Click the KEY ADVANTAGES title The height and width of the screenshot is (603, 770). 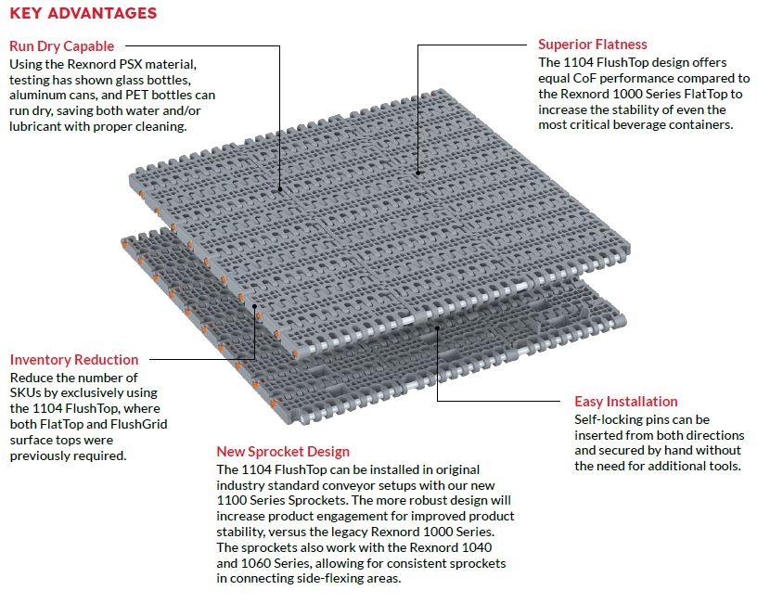83,14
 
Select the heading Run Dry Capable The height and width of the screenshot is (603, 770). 62,45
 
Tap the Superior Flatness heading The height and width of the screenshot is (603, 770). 593,45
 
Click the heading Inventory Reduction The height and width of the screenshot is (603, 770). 74,360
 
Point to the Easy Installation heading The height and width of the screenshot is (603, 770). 626,402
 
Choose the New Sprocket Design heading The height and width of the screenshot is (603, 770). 283,452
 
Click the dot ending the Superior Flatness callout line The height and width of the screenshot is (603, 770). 418,172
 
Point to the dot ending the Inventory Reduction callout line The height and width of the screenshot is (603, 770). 256,302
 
